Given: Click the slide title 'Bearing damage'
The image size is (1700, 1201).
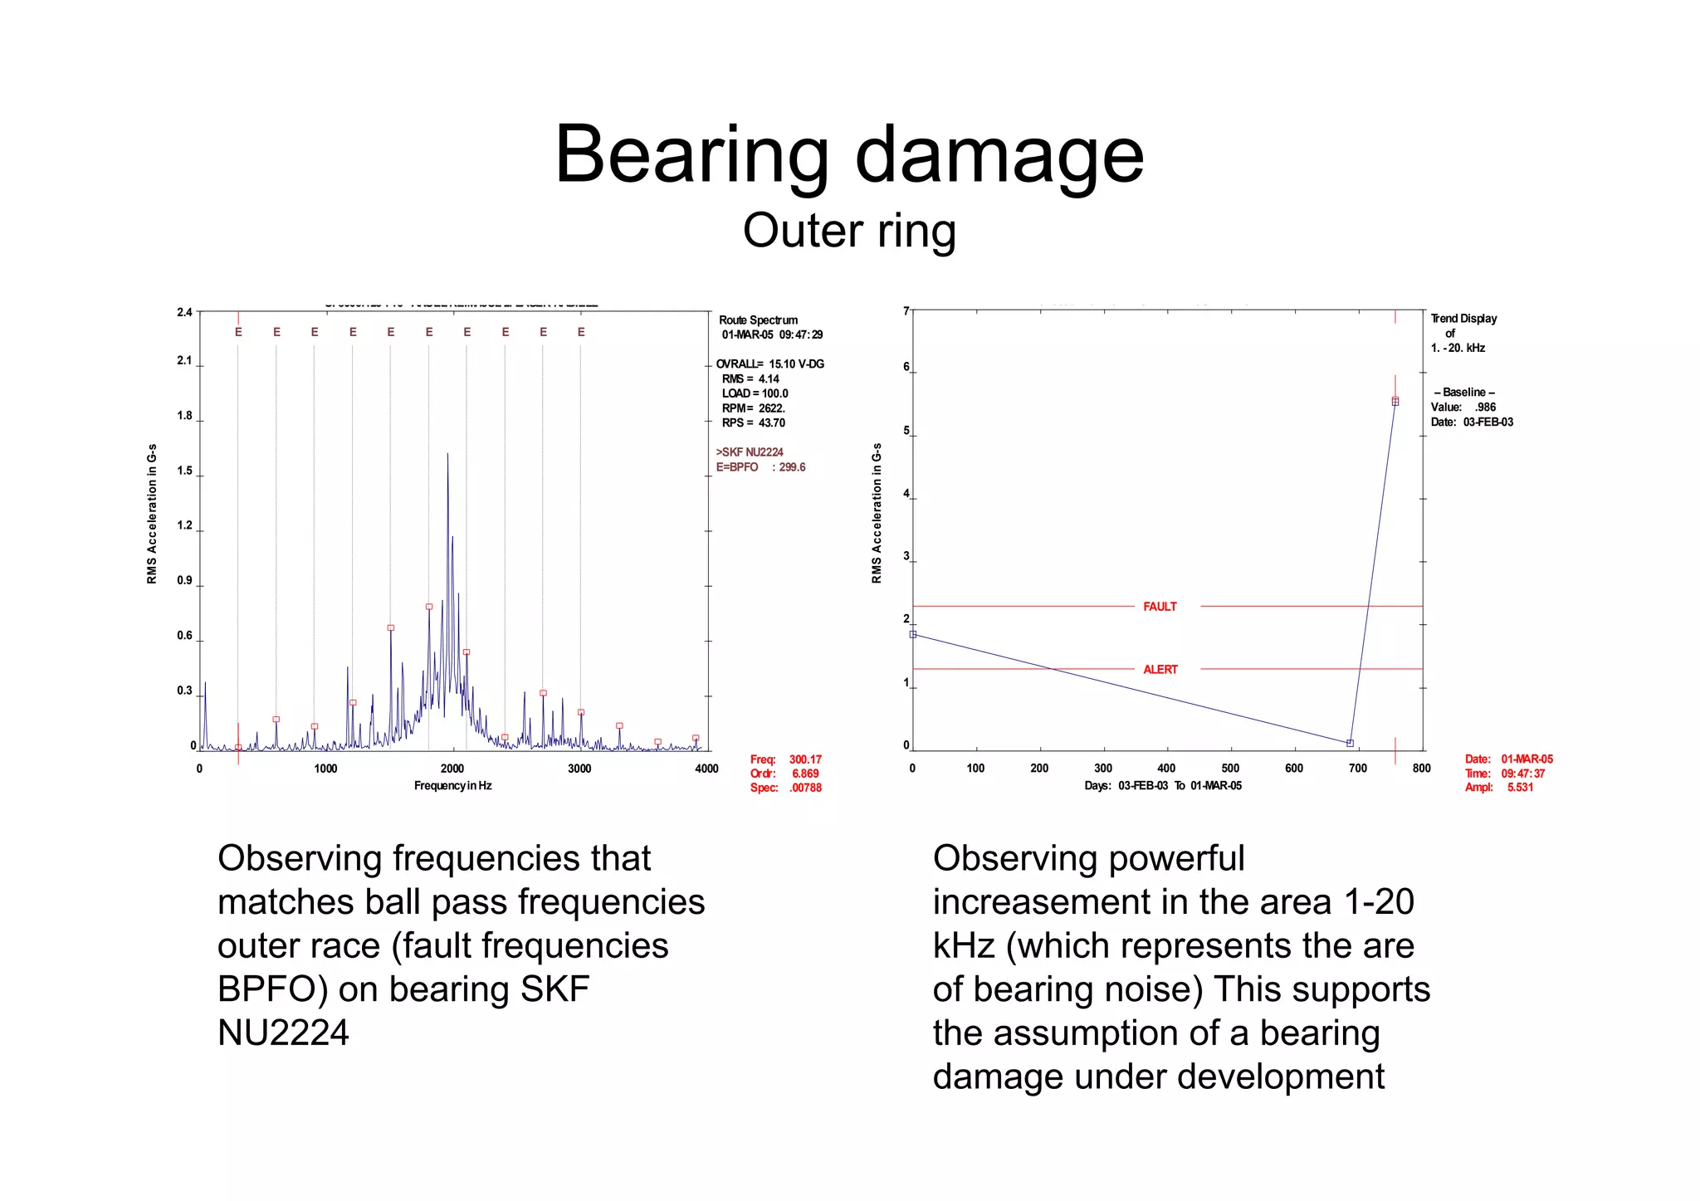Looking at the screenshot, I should pos(849,154).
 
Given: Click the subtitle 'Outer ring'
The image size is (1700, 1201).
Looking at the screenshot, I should pos(849,231).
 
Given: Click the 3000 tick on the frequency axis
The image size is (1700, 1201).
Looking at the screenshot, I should pos(579,769).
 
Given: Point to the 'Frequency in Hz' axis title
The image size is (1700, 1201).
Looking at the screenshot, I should pos(452,786).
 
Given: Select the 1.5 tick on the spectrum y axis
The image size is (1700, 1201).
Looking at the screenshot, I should pos(184,471).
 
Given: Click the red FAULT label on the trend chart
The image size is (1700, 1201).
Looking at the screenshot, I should pos(1160,607).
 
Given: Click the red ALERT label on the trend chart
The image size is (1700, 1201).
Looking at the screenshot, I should pos(1160,670).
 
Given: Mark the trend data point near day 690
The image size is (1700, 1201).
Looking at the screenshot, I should pos(1350,743).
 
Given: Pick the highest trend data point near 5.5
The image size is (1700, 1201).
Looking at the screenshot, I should pos(1395,402).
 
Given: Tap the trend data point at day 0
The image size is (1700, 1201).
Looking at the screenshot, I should pos(913,634).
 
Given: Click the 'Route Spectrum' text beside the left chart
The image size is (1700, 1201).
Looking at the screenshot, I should pos(758,320).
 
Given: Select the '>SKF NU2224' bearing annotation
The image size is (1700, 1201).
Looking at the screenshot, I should pos(750,452).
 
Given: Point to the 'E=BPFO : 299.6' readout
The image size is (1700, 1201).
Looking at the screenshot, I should pos(760,467).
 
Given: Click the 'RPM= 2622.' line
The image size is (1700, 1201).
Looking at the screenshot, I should pos(753,408).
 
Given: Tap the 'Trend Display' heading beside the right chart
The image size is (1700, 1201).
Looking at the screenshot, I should pos(1463,319).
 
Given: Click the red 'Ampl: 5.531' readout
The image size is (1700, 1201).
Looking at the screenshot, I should pos(1499,788).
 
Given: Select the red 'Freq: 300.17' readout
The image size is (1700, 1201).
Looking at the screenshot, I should pos(785,759).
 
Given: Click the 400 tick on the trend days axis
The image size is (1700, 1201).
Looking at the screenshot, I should pos(1166,769).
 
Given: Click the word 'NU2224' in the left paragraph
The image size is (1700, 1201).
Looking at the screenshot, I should pos(283,1033).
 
